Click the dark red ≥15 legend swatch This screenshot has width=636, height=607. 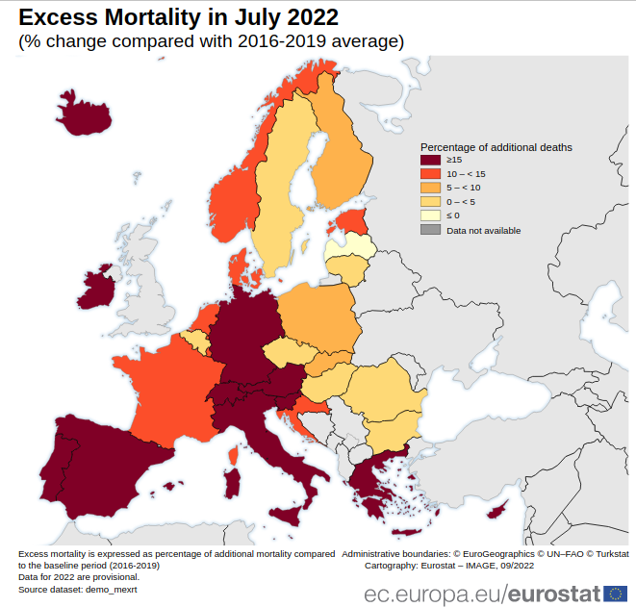click(x=430, y=160)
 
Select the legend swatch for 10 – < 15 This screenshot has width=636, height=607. click(x=430, y=173)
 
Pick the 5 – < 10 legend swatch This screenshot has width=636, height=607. click(x=430, y=188)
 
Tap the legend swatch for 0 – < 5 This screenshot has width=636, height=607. click(x=430, y=202)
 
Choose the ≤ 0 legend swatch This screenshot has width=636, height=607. click(x=430, y=215)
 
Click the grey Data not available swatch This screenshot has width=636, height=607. click(x=430, y=230)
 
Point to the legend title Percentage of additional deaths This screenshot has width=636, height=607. click(x=496, y=147)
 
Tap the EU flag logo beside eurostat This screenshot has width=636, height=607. click(x=616, y=593)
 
